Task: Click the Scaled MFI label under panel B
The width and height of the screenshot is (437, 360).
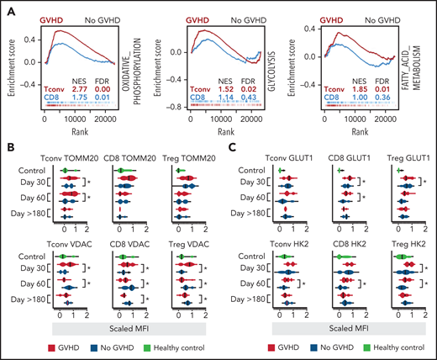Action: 134,323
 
